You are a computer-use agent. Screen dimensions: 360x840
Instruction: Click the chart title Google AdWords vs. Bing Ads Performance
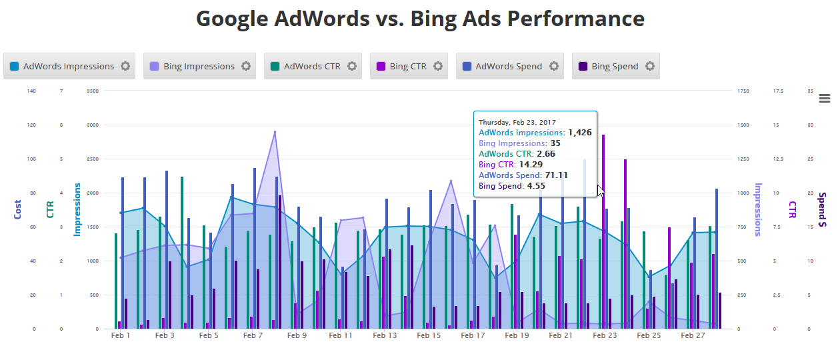point(420,19)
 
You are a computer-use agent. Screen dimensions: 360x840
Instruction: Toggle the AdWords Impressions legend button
point(68,66)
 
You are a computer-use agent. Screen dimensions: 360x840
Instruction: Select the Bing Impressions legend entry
point(199,66)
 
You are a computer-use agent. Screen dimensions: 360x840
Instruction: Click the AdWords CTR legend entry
point(311,66)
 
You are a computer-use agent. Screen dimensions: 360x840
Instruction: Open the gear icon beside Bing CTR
point(438,66)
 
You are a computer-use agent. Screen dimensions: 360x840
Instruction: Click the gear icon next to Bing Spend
point(650,66)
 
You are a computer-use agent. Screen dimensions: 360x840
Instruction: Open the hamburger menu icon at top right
point(825,99)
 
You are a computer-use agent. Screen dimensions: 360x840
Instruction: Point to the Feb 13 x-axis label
point(385,336)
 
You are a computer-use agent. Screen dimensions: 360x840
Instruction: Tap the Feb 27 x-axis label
point(693,336)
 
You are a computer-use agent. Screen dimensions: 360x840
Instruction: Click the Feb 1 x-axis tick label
point(121,336)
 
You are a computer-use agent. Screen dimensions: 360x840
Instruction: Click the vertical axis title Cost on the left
point(17,209)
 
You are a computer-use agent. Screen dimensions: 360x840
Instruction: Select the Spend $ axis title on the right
point(823,209)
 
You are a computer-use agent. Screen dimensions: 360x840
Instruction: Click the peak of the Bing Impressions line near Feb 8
point(275,132)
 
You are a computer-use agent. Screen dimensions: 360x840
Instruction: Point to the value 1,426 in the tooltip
point(579,133)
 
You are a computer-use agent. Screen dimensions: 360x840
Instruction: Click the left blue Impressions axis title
point(77,209)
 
